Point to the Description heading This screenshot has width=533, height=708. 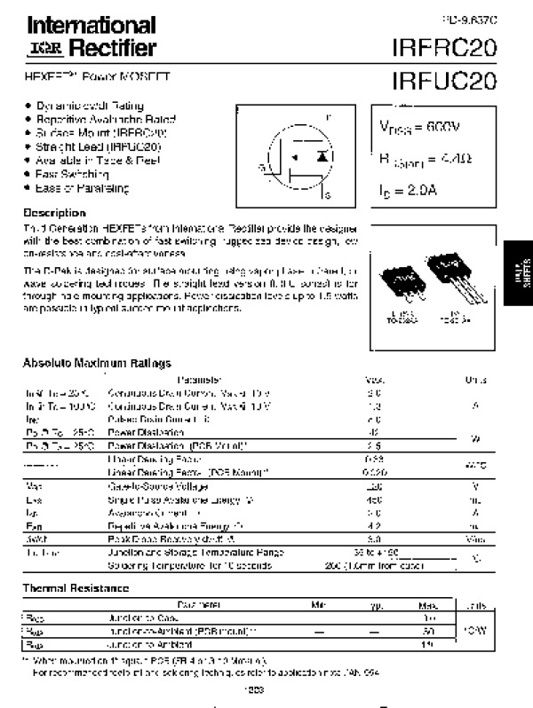pos(54,213)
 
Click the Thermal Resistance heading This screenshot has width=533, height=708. pos(76,588)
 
